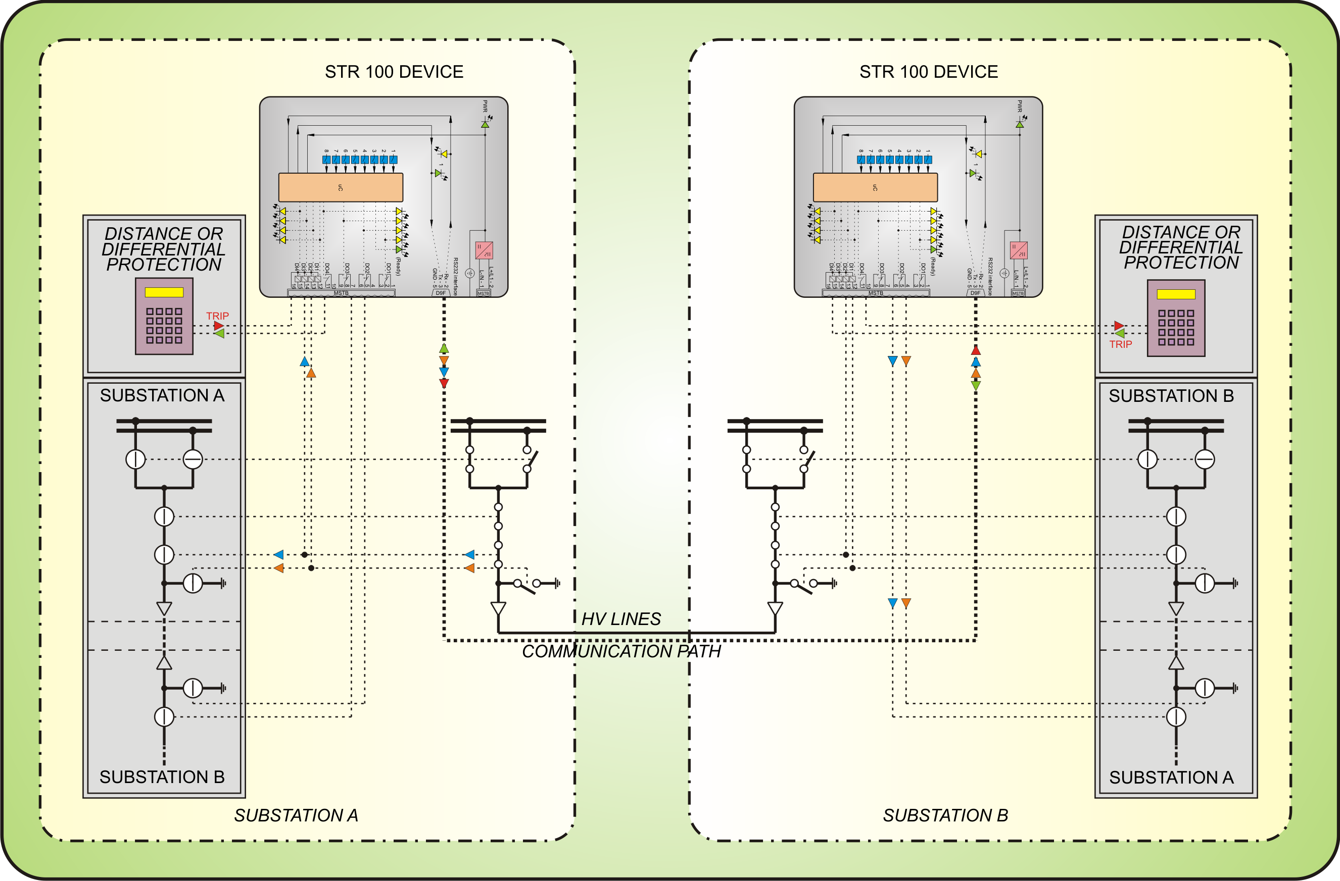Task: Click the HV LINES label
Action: pyautogui.click(x=620, y=619)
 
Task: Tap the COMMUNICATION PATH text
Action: pyautogui.click(x=621, y=651)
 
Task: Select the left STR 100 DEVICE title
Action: pyautogui.click(x=394, y=72)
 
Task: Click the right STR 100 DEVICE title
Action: pyautogui.click(x=928, y=72)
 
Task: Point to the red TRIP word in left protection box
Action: pyautogui.click(x=217, y=316)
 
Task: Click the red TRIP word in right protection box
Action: pyautogui.click(x=1120, y=344)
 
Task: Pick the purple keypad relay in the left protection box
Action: pyautogui.click(x=164, y=316)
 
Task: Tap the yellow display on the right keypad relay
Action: pyautogui.click(x=1176, y=294)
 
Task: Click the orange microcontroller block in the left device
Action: pyautogui.click(x=341, y=187)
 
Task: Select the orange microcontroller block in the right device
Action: pyautogui.click(x=875, y=187)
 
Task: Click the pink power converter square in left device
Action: pyautogui.click(x=484, y=250)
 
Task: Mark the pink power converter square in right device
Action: pyautogui.click(x=1018, y=250)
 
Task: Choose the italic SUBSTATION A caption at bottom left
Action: pyautogui.click(x=296, y=815)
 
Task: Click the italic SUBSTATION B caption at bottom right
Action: pyautogui.click(x=945, y=815)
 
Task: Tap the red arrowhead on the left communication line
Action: pyautogui.click(x=444, y=383)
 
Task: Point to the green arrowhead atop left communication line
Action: pyautogui.click(x=444, y=348)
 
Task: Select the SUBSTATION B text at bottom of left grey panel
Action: pyautogui.click(x=162, y=777)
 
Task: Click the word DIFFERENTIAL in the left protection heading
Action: pyautogui.click(x=163, y=249)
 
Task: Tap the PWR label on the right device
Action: pyautogui.click(x=1019, y=106)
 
